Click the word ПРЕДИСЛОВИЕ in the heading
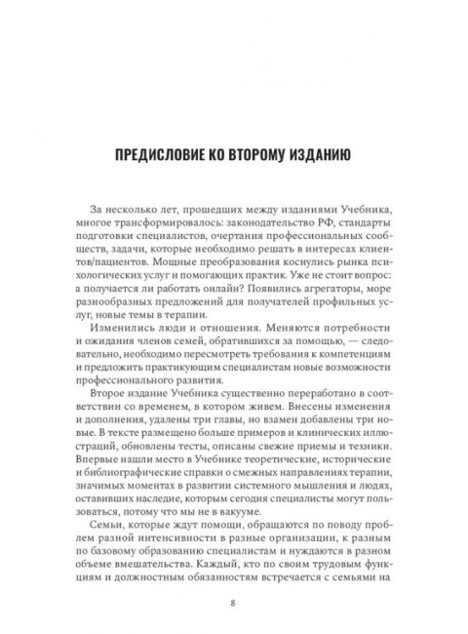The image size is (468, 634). (166, 153)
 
